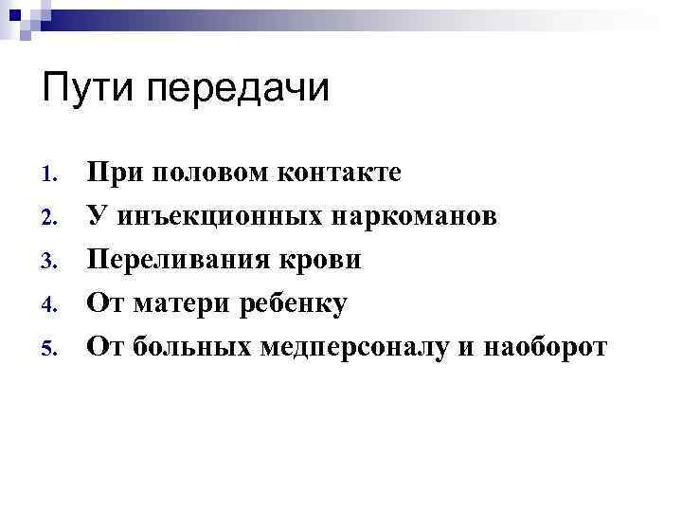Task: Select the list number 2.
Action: tap(50, 219)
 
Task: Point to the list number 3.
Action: tap(50, 263)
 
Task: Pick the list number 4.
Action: tap(50, 306)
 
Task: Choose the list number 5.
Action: tap(50, 350)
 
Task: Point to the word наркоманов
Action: tap(414, 217)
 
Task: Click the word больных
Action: tap(184, 348)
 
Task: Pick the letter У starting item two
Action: tap(95, 217)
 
